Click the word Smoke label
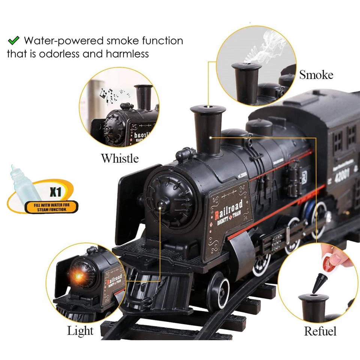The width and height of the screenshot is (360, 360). point(316,75)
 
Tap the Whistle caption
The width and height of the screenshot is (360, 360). point(120,158)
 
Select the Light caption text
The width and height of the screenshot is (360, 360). point(80,331)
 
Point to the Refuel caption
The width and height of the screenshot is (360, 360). point(320,331)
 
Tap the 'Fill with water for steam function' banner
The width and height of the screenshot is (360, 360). point(51,207)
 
